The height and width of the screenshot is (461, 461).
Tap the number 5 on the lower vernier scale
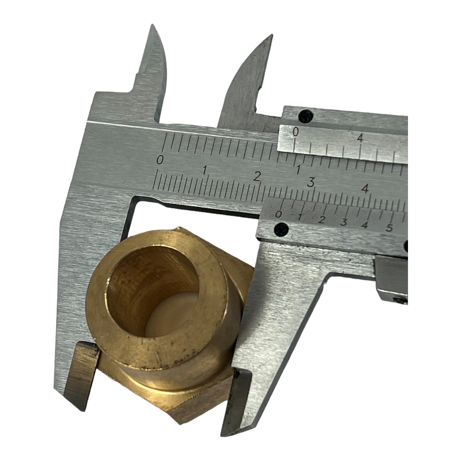point(389,228)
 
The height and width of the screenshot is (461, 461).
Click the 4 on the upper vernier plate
point(360,139)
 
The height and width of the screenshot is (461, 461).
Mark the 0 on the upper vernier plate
point(296,132)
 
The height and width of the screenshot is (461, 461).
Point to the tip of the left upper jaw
point(152,25)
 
